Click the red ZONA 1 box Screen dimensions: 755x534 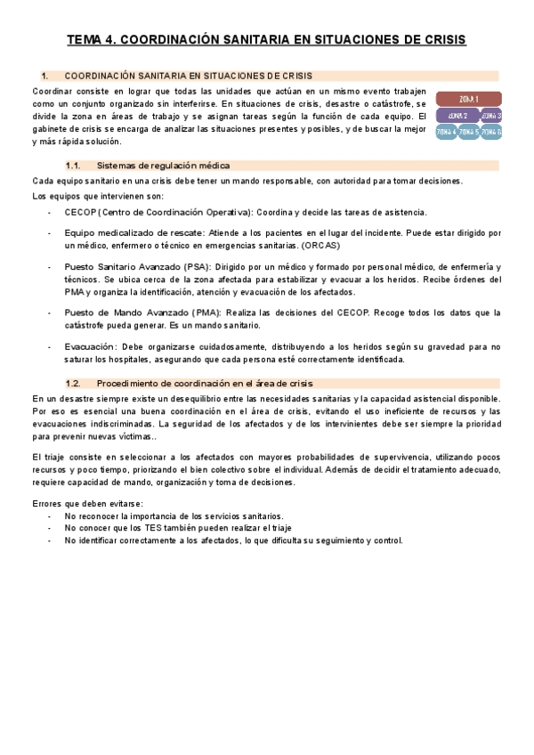[x=468, y=99]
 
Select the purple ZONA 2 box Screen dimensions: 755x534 [x=457, y=116]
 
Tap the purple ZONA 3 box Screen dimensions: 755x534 [x=490, y=116]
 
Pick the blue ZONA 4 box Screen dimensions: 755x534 [x=446, y=133]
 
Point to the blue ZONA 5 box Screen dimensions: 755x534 [x=468, y=133]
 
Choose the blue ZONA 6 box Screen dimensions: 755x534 [x=490, y=133]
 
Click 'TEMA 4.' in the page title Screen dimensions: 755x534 [x=91, y=40]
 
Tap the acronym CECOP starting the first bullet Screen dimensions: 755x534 [x=80, y=212]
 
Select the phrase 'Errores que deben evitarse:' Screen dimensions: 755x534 [x=81, y=505]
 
